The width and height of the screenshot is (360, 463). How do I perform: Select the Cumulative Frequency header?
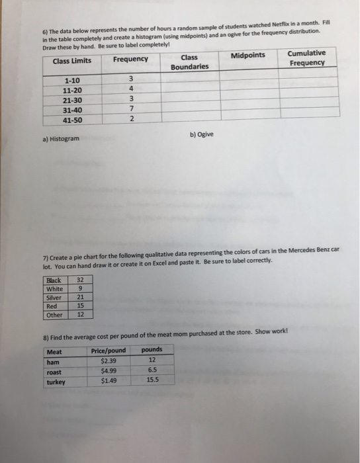click(306, 58)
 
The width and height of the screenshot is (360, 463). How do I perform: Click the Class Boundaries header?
click(189, 62)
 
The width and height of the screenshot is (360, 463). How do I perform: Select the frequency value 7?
click(132, 108)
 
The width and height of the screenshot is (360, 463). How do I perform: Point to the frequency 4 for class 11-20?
click(132, 88)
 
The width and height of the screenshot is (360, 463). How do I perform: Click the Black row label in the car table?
click(53, 280)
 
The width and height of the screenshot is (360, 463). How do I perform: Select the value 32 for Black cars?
click(80, 280)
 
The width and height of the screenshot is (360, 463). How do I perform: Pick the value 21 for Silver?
click(80, 297)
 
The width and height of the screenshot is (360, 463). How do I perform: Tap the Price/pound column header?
click(108, 350)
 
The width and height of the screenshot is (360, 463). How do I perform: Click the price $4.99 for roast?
click(108, 371)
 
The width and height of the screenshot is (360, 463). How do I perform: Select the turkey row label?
click(56, 382)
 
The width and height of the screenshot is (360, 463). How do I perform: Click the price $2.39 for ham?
click(108, 360)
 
